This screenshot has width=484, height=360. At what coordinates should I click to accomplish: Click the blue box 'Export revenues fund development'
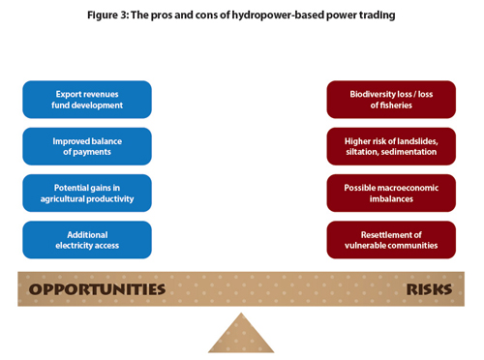pos(87,99)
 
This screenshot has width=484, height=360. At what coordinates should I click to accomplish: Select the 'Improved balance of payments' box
pos(87,145)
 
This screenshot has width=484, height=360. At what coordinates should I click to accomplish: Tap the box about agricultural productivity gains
pos(87,192)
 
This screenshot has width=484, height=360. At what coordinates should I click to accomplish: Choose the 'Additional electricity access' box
pos(87,239)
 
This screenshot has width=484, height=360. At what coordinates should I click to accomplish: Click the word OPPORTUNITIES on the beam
pos(97,288)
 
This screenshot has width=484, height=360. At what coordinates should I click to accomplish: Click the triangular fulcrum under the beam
pos(241,334)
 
